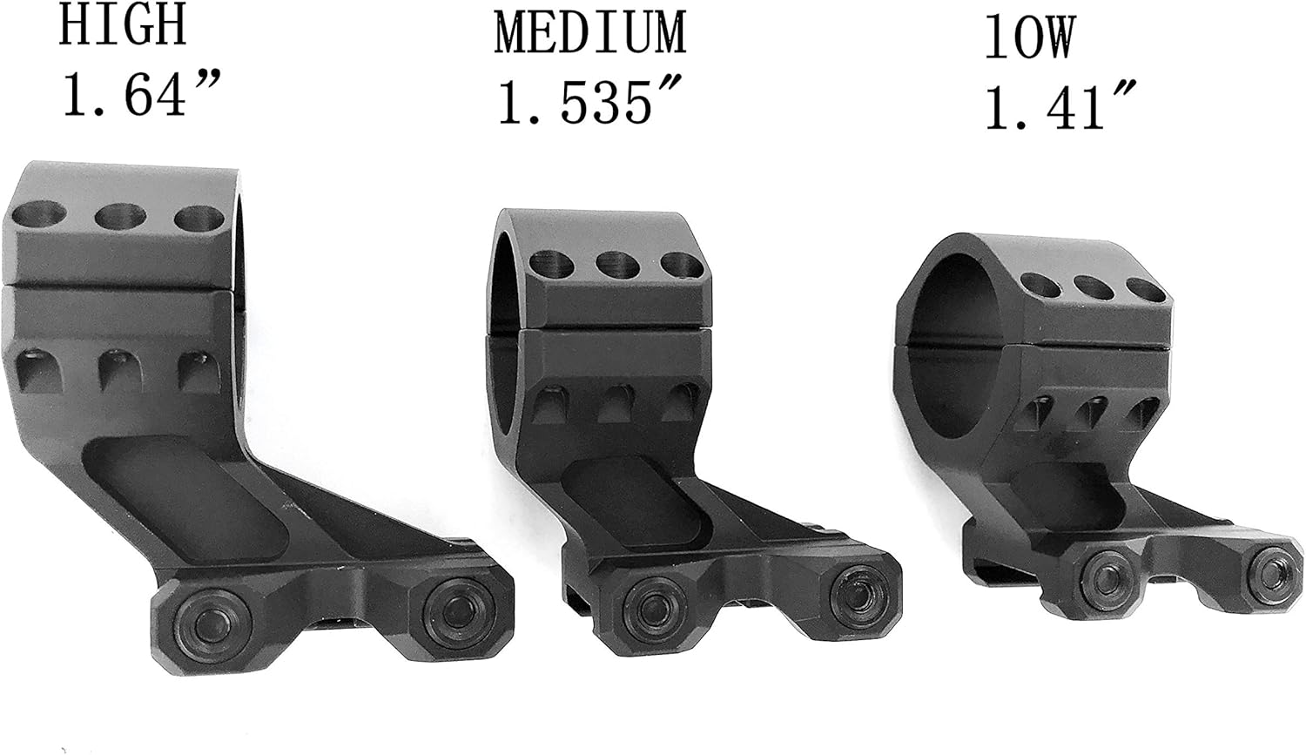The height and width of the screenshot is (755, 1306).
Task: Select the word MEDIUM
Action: [590, 34]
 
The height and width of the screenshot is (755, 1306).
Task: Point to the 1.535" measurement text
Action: [587, 103]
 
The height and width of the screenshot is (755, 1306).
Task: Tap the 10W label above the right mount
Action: [1030, 38]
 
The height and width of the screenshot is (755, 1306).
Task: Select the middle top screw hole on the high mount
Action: [120, 217]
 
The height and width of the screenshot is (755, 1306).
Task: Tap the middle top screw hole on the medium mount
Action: [616, 264]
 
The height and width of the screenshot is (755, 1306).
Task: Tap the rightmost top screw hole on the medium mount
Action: [682, 264]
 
